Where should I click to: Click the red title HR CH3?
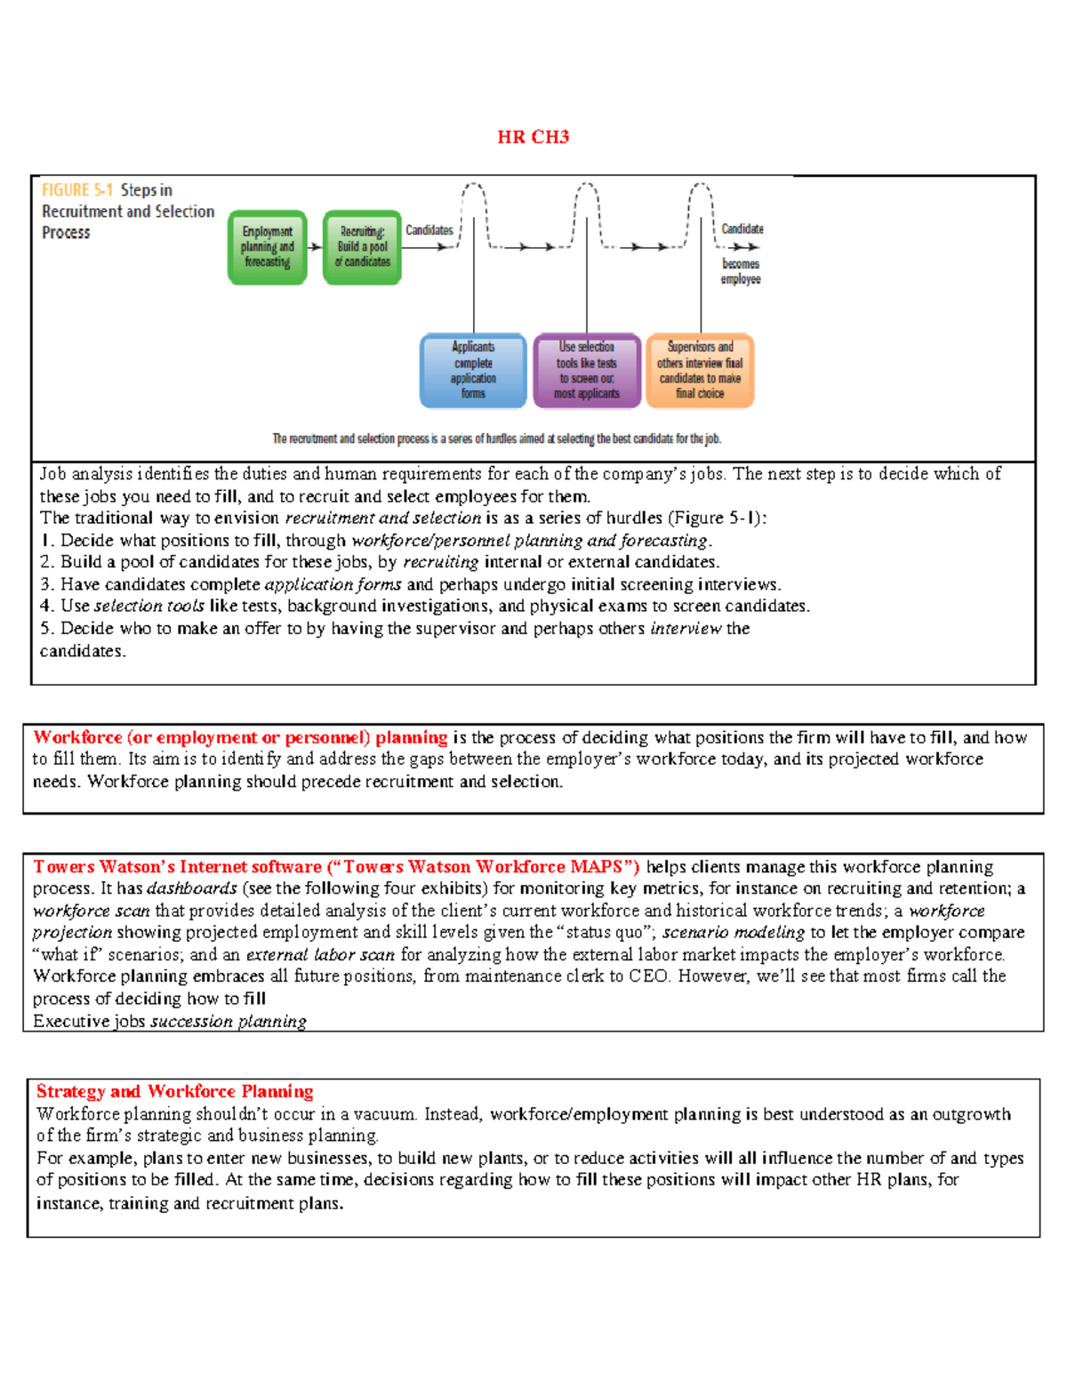tap(533, 137)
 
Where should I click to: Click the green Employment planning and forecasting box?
tap(267, 247)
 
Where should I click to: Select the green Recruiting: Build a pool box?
tap(362, 247)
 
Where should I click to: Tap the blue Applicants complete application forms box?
tap(473, 370)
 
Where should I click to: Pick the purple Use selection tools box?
tap(586, 370)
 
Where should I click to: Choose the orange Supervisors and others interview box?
tap(700, 370)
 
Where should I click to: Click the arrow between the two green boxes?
tap(315, 247)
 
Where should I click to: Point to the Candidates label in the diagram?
tap(429, 230)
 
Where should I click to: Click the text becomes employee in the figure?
tap(741, 271)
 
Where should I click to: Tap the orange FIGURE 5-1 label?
tap(76, 190)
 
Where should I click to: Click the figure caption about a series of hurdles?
tap(496, 438)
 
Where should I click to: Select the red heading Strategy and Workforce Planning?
tap(174, 1091)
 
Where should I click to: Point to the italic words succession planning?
tap(229, 1021)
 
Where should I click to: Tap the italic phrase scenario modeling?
tap(733, 932)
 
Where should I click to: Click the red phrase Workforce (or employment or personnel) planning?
tap(240, 737)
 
